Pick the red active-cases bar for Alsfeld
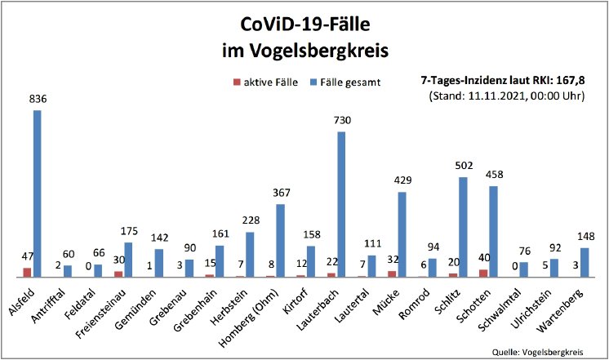click(28, 272)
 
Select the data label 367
click(280, 193)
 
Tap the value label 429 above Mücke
click(402, 180)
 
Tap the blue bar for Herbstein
click(250, 254)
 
